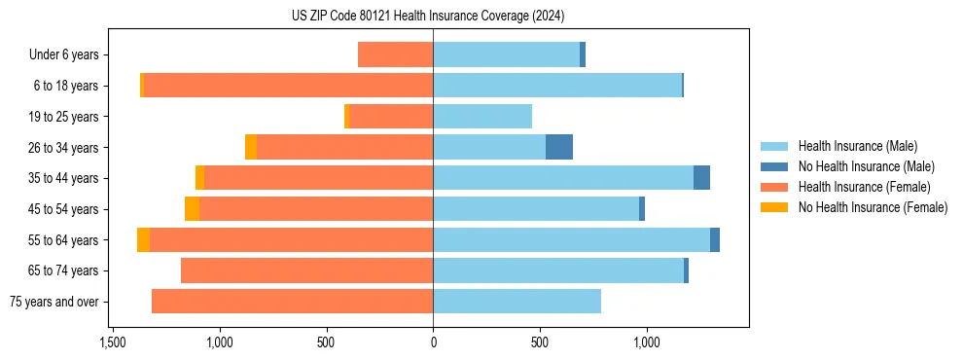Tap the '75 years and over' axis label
pyautogui.click(x=53, y=302)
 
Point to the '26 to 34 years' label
pyautogui.click(x=63, y=147)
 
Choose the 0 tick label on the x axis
pyautogui.click(x=433, y=342)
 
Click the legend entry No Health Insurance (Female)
pyautogui.click(x=873, y=207)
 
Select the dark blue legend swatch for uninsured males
pyautogui.click(x=774, y=166)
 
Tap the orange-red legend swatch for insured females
pyautogui.click(x=774, y=187)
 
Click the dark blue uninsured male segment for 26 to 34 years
pyautogui.click(x=559, y=147)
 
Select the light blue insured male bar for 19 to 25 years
pyautogui.click(x=482, y=117)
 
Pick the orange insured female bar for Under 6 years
pyautogui.click(x=395, y=54)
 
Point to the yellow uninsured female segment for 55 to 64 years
pyautogui.click(x=143, y=240)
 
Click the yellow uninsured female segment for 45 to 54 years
pyautogui.click(x=192, y=209)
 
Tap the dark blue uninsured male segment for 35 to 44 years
pyautogui.click(x=701, y=178)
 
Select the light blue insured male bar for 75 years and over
pyautogui.click(x=517, y=302)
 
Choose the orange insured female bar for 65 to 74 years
pyautogui.click(x=306, y=270)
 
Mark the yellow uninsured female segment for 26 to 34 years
pyautogui.click(x=251, y=147)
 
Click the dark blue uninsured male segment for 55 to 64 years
pyautogui.click(x=715, y=240)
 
